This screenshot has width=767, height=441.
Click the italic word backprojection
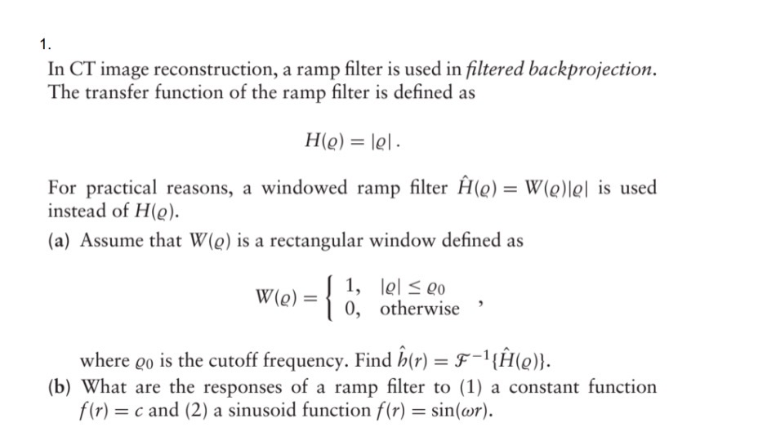tap(592, 69)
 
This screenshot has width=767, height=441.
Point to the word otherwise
tap(419, 310)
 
